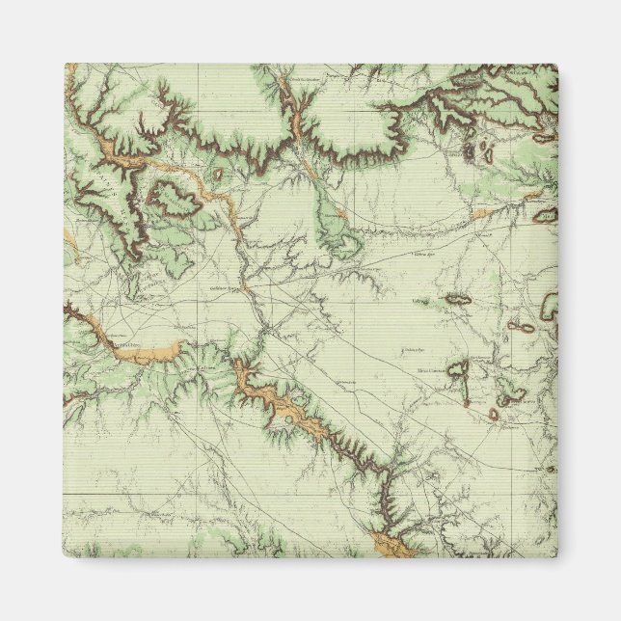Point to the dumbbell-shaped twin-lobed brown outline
tap(522, 327)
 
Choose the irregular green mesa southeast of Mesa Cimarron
tap(509, 393)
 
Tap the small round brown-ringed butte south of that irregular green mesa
tap(494, 415)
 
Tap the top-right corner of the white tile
tap(557, 65)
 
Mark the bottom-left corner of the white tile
tap(65, 557)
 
